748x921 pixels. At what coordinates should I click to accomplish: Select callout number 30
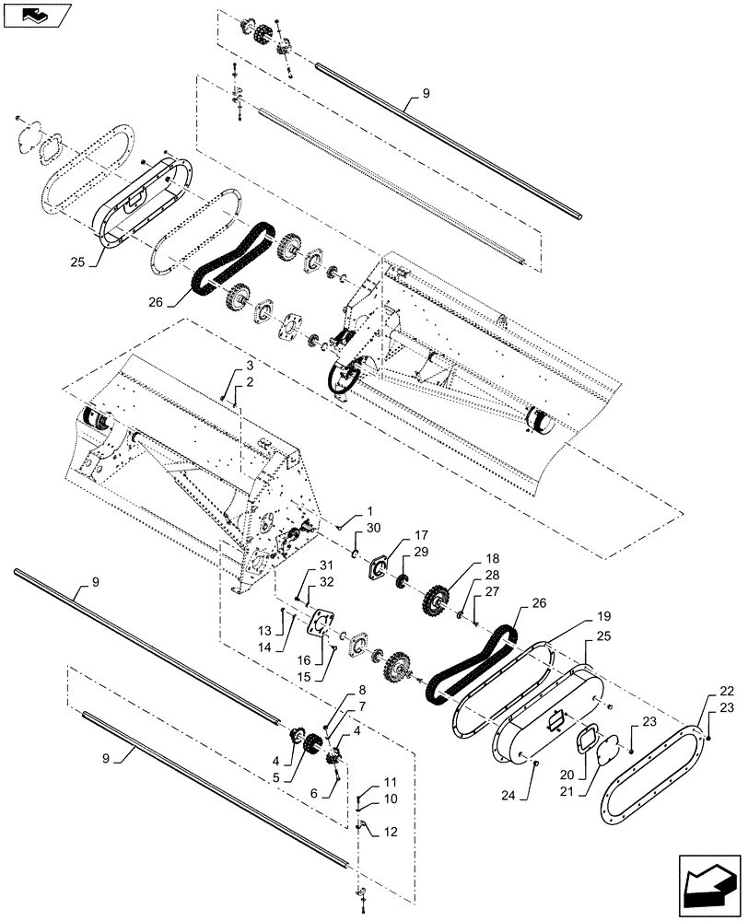point(372,528)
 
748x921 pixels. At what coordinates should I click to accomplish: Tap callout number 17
point(420,534)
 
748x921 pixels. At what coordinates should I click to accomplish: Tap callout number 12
point(390,832)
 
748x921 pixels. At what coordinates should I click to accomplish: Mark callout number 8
point(362,690)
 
